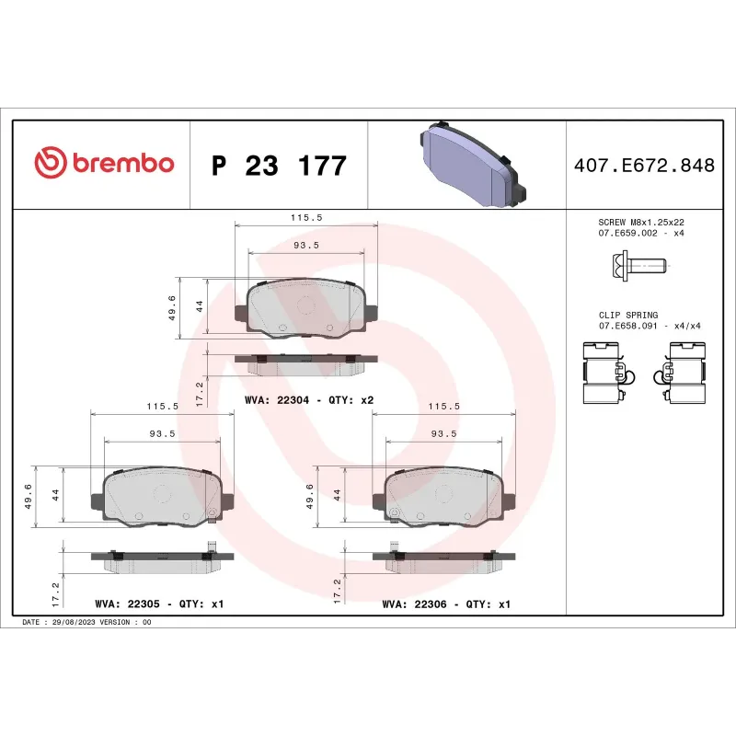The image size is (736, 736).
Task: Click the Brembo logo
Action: click(103, 164)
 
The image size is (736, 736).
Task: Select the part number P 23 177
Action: click(279, 167)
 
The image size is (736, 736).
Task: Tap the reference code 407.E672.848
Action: click(644, 166)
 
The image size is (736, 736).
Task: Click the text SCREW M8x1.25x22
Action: click(641, 222)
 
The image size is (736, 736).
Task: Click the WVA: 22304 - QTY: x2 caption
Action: click(309, 400)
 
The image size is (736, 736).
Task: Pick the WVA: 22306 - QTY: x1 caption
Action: click(446, 604)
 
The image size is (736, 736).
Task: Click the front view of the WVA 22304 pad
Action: click(306, 308)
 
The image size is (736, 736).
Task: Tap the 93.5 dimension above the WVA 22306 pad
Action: click(443, 433)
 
